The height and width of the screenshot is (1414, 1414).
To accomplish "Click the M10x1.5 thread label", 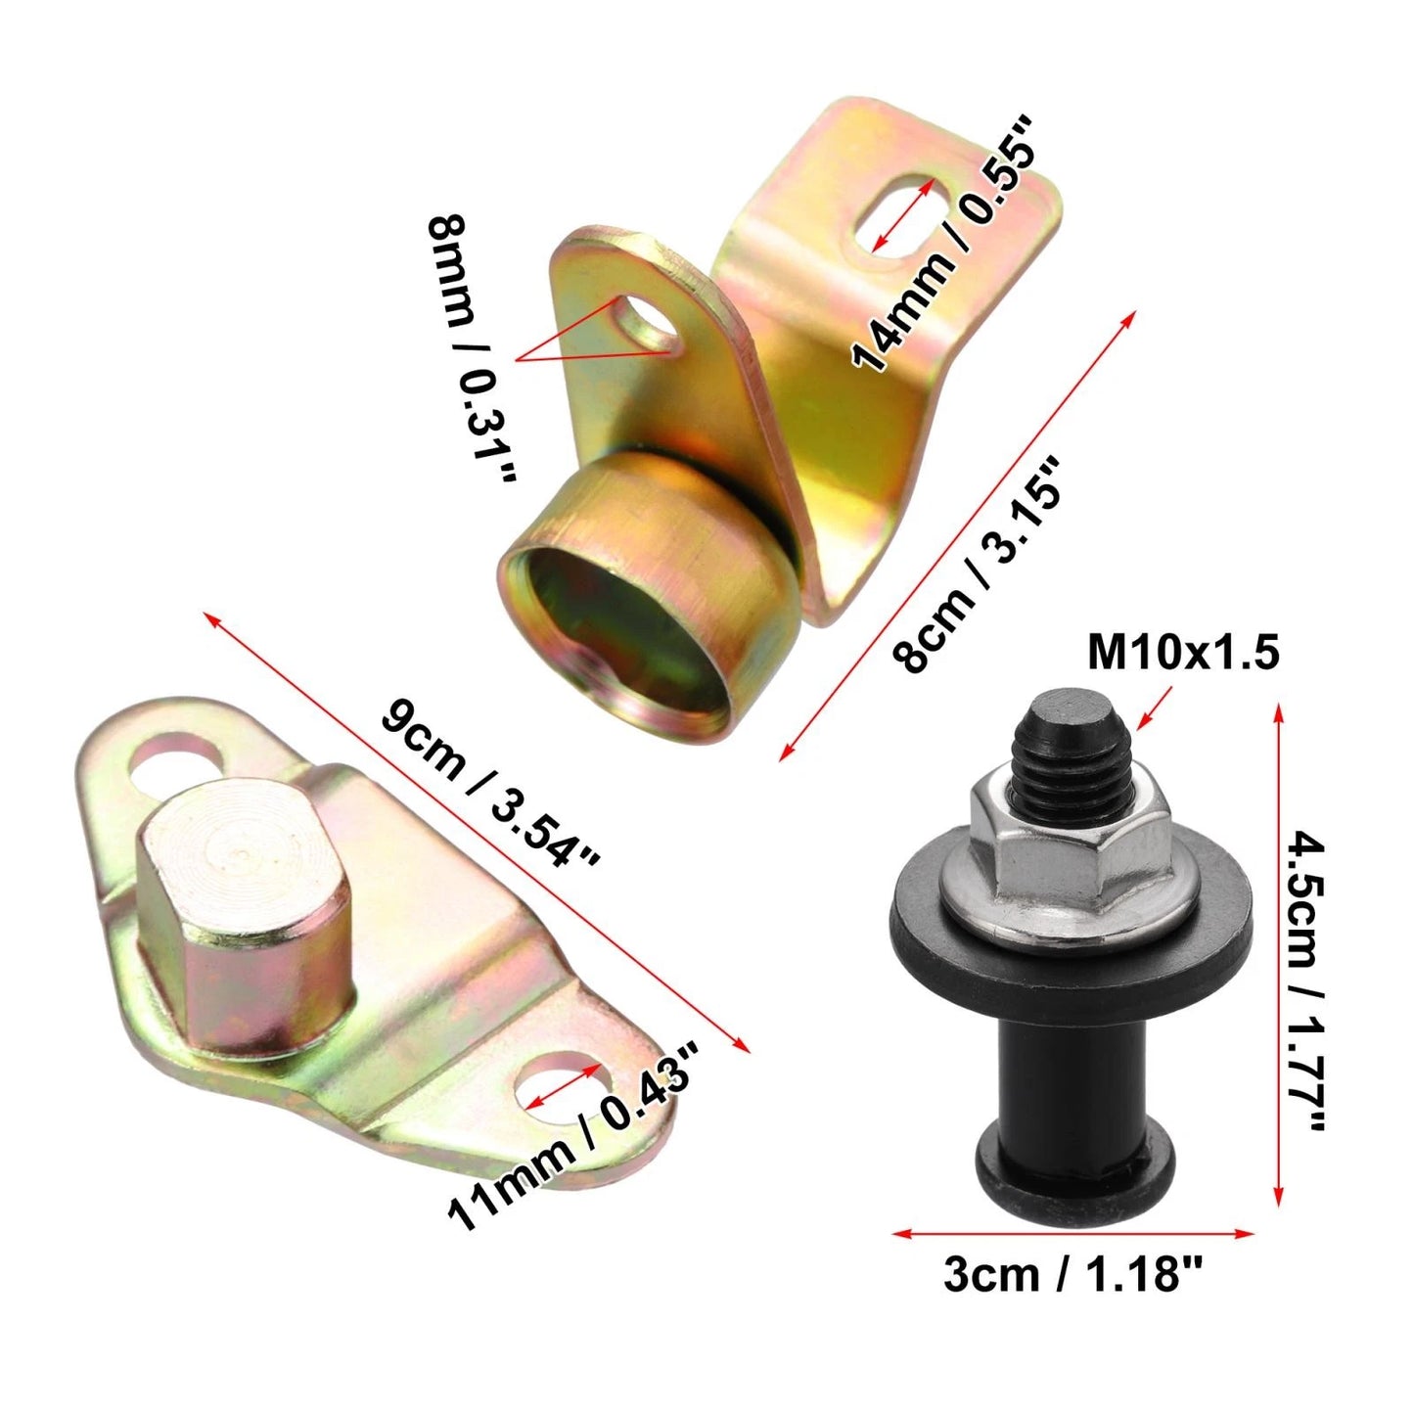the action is click(1183, 653).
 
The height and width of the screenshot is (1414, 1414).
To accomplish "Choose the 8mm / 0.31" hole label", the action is click(472, 347).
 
